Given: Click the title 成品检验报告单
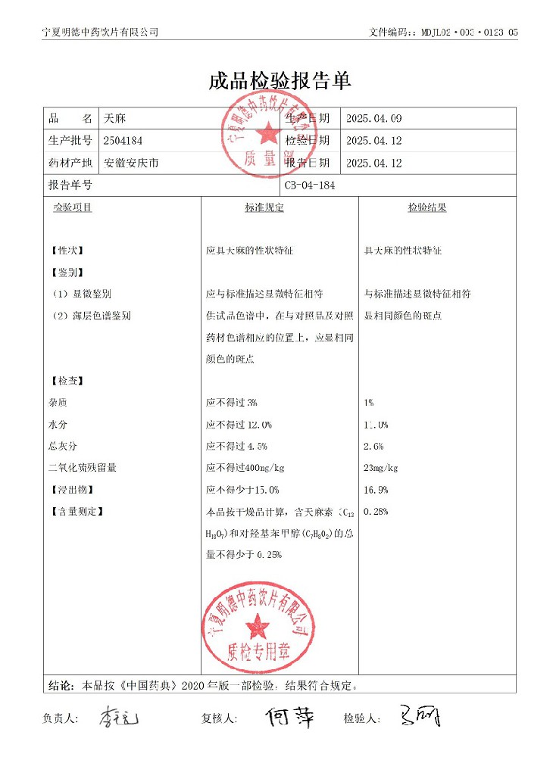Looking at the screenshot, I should tap(280, 82).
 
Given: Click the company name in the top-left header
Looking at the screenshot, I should tap(101, 32).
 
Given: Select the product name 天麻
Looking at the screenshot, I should tap(114, 119).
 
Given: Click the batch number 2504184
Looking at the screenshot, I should tap(123, 141).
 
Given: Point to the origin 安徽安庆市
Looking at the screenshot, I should tap(131, 163).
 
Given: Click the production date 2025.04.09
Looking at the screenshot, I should tap(373, 119).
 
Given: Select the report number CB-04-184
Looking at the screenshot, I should tap(310, 185).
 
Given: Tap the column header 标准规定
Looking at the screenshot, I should tap(264, 207).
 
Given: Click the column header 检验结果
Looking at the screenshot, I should tap(427, 207).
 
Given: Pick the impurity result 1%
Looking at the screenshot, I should tap(369, 403).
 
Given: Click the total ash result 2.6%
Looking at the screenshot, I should tap(374, 447).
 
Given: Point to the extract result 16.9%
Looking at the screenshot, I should tap(376, 490).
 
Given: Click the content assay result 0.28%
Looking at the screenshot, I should tap(376, 512).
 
